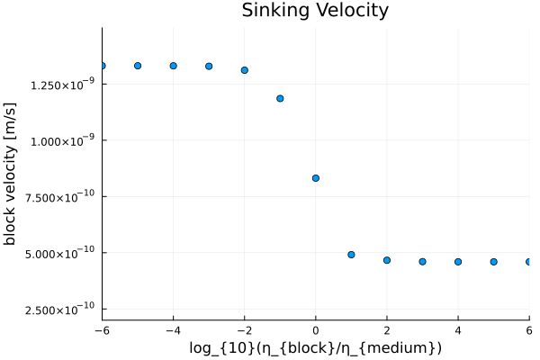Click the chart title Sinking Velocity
315,11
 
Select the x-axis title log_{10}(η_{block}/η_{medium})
315,347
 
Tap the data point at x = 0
316,178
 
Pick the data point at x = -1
280,98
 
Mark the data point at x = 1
351,255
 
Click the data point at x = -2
245,70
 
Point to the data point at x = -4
173,66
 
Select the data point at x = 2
387,260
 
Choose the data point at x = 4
458,262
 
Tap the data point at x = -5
138,66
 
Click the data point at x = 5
494,262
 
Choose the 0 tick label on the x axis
316,329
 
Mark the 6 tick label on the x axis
528,329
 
